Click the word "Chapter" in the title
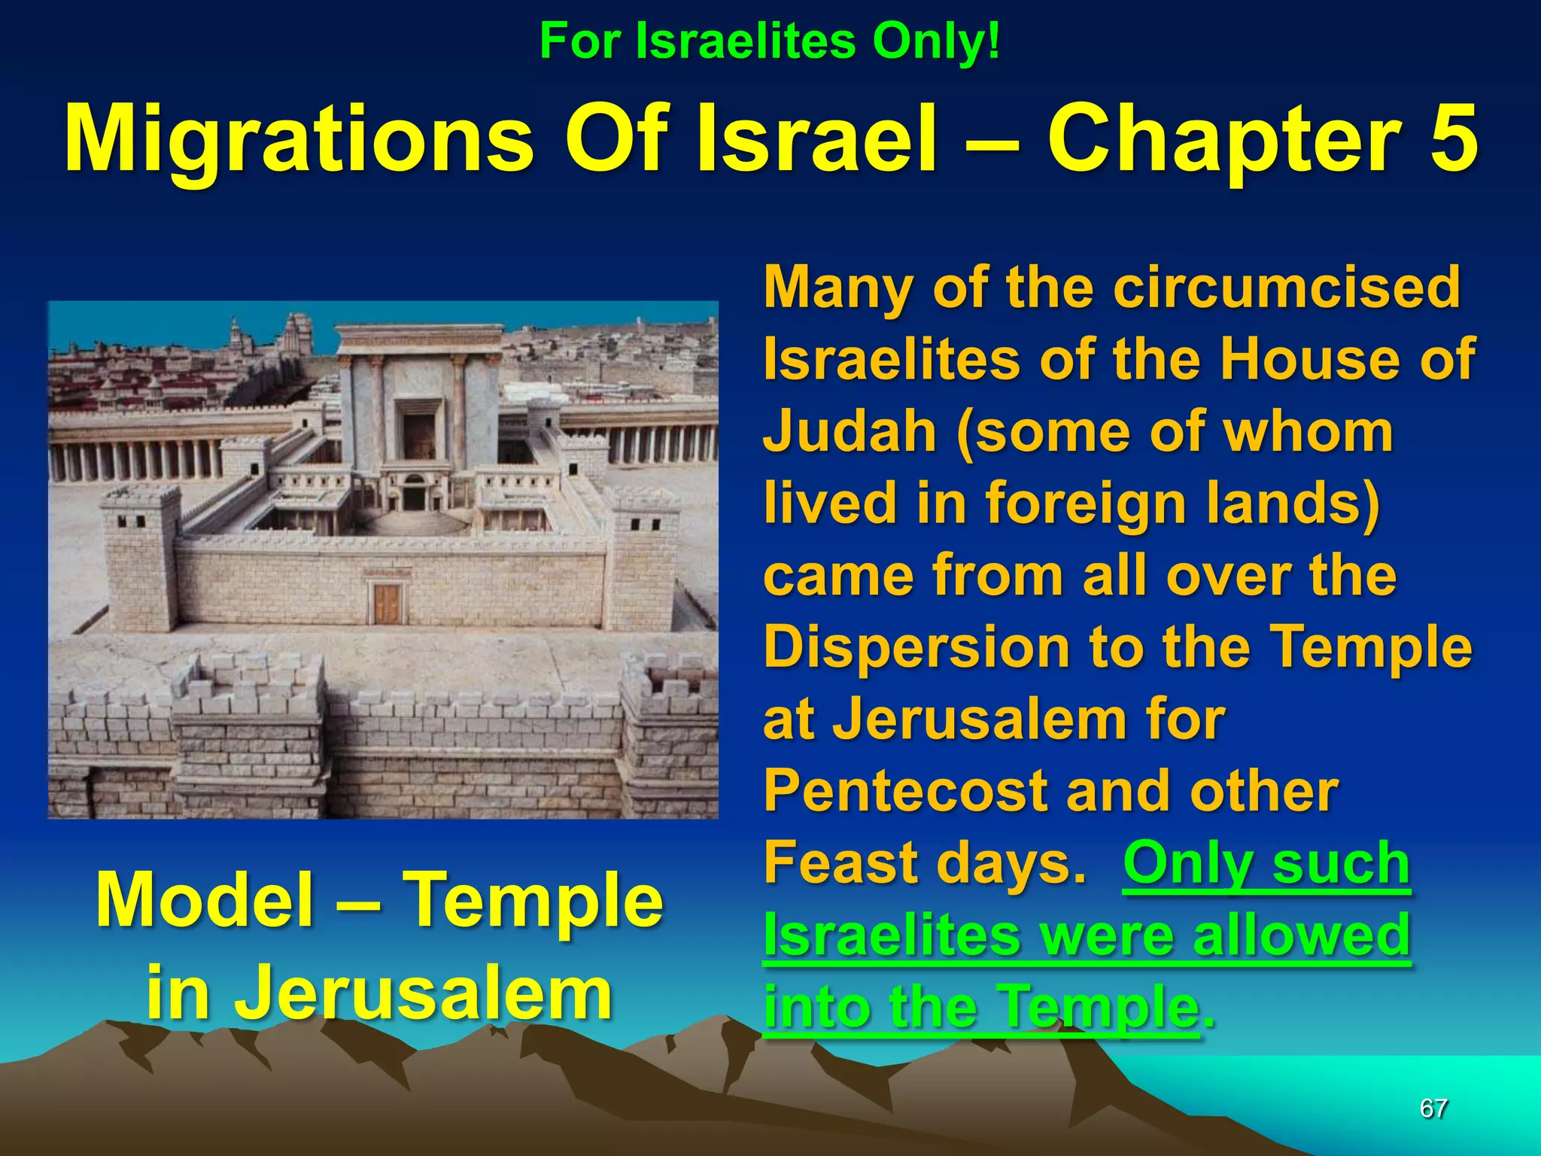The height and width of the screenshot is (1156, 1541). coord(1223,140)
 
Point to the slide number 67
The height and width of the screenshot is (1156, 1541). coord(1433,1108)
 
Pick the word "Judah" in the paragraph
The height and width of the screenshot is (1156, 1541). coord(850,431)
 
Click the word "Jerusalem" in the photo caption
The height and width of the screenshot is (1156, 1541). coord(378,993)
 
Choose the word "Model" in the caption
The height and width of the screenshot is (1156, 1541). coord(205,901)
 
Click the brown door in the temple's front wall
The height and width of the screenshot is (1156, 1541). coord(388,603)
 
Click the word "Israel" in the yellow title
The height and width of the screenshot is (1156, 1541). coord(817,140)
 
